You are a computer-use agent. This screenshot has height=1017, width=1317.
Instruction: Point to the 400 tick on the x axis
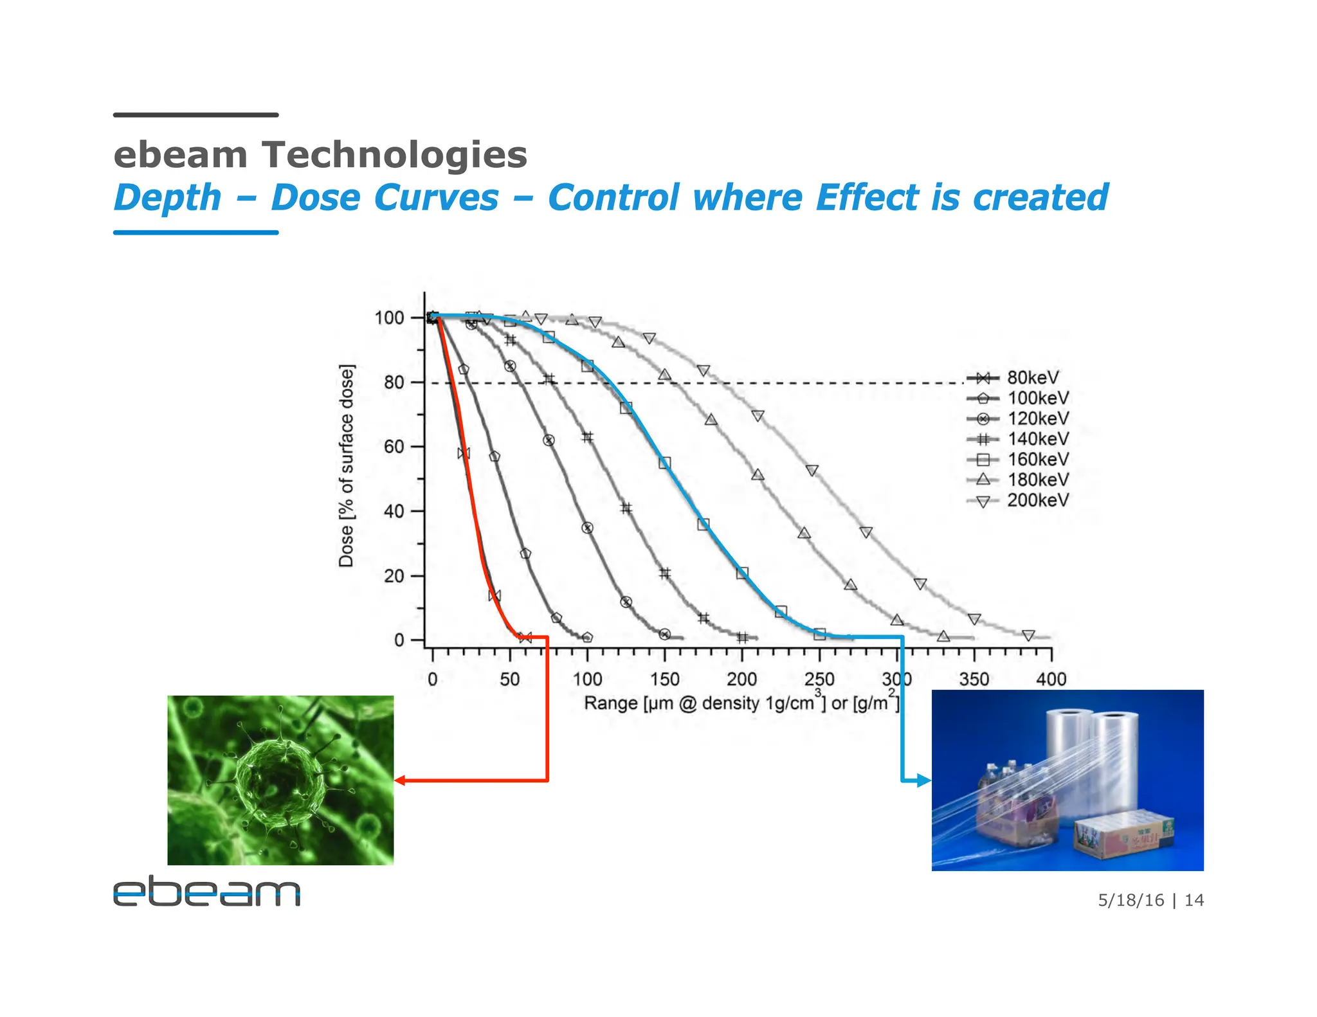pos(1051,679)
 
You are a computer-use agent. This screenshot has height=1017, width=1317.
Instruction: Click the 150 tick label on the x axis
pos(664,679)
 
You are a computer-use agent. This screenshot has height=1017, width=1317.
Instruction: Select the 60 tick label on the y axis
pos(394,447)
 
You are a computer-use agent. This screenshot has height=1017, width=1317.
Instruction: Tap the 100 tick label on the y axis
pos(389,318)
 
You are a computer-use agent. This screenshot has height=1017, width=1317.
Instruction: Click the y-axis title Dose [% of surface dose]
pos(347,465)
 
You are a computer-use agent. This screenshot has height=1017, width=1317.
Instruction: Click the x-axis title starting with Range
pos(740,703)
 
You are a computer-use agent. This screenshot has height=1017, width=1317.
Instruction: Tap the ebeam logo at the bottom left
pos(206,891)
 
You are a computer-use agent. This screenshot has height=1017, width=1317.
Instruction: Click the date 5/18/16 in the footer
pos(1131,900)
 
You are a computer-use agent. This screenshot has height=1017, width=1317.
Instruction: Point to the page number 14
pos(1194,900)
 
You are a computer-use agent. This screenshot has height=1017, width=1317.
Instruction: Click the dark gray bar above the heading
pos(195,115)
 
